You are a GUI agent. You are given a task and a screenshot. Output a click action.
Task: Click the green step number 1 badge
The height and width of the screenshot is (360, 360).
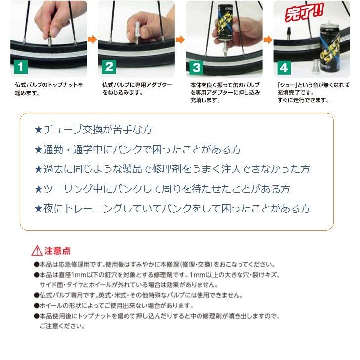click(21, 67)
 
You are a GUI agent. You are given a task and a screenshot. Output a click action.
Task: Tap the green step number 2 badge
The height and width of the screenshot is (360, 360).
click(109, 67)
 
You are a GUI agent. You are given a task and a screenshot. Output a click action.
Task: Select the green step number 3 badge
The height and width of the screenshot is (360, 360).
click(197, 68)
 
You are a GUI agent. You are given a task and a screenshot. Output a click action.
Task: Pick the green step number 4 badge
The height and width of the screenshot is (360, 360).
click(284, 68)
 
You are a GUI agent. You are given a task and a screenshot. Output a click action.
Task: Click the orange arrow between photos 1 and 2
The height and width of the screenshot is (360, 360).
click(92, 40)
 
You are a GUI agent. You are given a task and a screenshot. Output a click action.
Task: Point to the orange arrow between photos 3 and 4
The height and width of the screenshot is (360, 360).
click(268, 40)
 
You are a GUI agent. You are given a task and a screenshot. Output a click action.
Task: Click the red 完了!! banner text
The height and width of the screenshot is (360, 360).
click(304, 12)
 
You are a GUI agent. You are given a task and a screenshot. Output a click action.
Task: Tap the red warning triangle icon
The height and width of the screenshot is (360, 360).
click(37, 251)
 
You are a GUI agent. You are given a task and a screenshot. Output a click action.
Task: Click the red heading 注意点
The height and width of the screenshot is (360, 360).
click(57, 251)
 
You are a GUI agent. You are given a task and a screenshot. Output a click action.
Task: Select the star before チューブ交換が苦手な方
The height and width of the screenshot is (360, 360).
click(39, 130)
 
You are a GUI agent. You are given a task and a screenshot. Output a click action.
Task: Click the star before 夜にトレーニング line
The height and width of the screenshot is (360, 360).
click(39, 209)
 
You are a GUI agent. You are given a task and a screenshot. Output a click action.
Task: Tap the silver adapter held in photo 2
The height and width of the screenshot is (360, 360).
click(137, 32)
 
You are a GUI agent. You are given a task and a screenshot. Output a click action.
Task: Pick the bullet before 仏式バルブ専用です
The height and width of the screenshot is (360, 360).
click(37, 295)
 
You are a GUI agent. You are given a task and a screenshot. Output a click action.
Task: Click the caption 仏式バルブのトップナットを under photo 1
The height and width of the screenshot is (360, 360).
click(49, 85)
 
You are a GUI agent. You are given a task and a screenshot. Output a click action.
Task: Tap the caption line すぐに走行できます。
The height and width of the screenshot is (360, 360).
click(303, 100)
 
